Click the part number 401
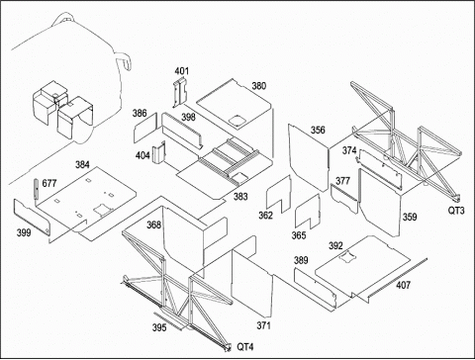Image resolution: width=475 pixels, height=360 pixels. pyautogui.click(x=182, y=71)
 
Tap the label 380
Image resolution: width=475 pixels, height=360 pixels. pyautogui.click(x=258, y=86)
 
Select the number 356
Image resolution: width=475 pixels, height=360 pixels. pyautogui.click(x=318, y=130)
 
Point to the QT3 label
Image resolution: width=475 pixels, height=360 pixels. pyautogui.click(x=456, y=210)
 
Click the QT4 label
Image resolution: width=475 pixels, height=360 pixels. pyautogui.click(x=245, y=347)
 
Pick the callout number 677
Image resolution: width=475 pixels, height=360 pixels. pyautogui.click(x=49, y=183)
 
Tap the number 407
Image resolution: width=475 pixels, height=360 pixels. pyautogui.click(x=403, y=285)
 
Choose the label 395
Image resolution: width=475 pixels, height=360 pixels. pyautogui.click(x=159, y=327)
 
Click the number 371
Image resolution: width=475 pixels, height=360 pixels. pyautogui.click(x=264, y=325)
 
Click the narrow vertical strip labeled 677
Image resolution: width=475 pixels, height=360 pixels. pyautogui.click(x=36, y=189)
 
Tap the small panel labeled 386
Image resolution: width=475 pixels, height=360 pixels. pyautogui.click(x=145, y=128)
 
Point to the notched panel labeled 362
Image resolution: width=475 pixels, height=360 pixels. pyautogui.click(x=278, y=194)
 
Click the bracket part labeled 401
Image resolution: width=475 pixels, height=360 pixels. pyautogui.click(x=180, y=92)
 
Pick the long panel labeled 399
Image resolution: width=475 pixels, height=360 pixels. pyautogui.click(x=32, y=217)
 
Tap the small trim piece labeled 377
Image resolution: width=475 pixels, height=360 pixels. pyautogui.click(x=344, y=198)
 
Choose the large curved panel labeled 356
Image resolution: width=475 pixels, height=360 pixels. pyautogui.click(x=309, y=157)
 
